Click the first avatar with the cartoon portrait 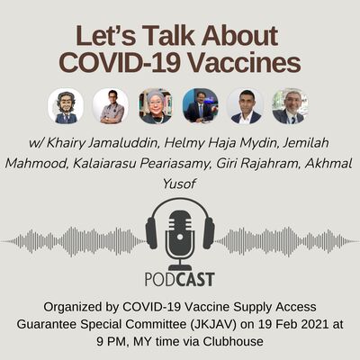pos(66,105)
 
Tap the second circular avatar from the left pos(111,105)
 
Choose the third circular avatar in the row pos(156,105)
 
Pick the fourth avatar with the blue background pos(200,105)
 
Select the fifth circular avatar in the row pos(245,105)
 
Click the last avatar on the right pos(290,105)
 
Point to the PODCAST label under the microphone pos(180,278)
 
